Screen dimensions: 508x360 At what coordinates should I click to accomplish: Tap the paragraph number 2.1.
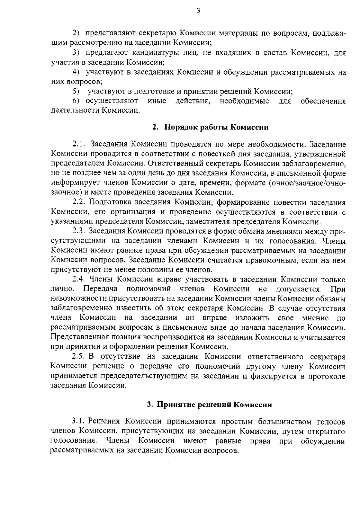(x=79, y=144)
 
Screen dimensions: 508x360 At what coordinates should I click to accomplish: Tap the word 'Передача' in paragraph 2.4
(x=100, y=289)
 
